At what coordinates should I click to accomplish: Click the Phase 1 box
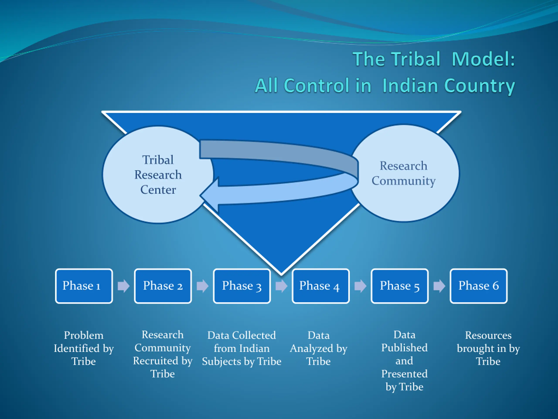pyautogui.click(x=84, y=286)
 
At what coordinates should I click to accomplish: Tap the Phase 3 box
pyautogui.click(x=242, y=286)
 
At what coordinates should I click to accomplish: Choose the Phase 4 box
pyautogui.click(x=321, y=286)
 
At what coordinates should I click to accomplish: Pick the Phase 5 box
pyautogui.click(x=400, y=286)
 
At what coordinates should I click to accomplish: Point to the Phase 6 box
pyautogui.click(x=478, y=286)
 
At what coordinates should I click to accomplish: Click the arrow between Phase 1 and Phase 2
pyautogui.click(x=124, y=286)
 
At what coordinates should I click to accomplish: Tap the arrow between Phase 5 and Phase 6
pyautogui.click(x=439, y=286)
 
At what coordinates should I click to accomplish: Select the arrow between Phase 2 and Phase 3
pyautogui.click(x=202, y=286)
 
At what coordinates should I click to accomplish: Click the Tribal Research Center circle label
pyautogui.click(x=158, y=175)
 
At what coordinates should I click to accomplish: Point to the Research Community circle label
pyautogui.click(x=404, y=173)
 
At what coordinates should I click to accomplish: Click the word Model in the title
pyautogui.click(x=483, y=59)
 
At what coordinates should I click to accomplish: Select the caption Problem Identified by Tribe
pyautogui.click(x=84, y=348)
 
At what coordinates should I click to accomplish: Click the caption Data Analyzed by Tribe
pyautogui.click(x=319, y=348)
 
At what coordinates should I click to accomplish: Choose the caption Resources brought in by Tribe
pyautogui.click(x=488, y=348)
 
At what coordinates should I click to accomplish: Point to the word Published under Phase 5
pyautogui.click(x=404, y=348)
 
